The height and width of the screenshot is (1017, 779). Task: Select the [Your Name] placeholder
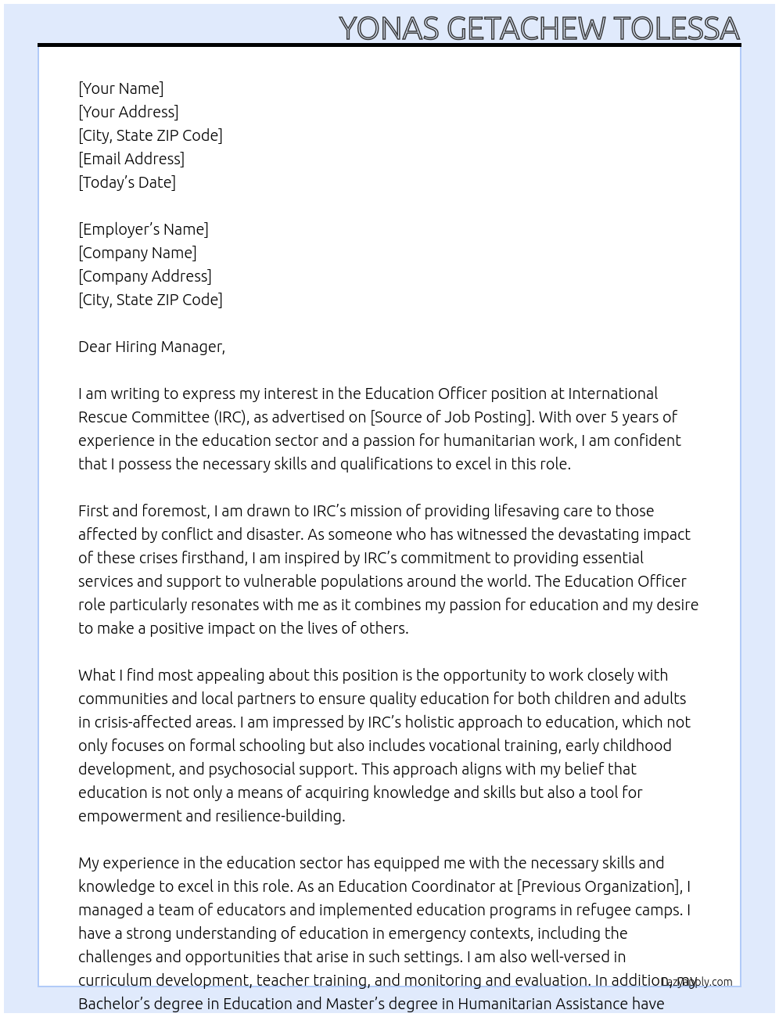coord(121,88)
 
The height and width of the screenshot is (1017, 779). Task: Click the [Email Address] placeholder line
coord(131,159)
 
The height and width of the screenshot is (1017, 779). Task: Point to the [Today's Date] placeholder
coord(127,182)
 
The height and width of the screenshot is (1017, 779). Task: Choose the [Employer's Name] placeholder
coord(143,229)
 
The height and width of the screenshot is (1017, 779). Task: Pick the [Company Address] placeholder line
coord(145,276)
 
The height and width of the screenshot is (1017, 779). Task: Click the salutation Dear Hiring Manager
coord(151,347)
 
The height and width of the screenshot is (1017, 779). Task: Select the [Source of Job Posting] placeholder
coord(451,417)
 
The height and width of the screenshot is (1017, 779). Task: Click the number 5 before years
coord(614,417)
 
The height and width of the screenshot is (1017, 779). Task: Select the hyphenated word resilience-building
coord(269,816)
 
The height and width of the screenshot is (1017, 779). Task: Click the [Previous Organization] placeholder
coord(598,886)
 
